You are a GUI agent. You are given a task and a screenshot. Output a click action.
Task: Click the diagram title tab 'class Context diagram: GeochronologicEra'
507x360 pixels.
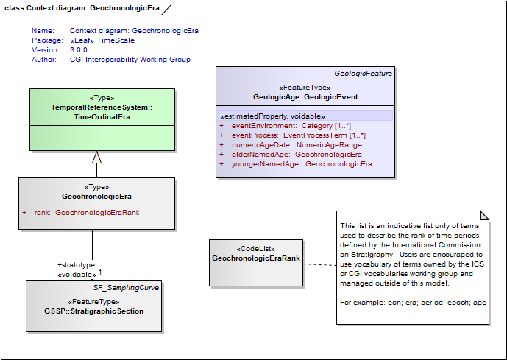(x=82, y=7)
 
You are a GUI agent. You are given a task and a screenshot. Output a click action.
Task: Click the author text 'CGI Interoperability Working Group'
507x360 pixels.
(x=130, y=60)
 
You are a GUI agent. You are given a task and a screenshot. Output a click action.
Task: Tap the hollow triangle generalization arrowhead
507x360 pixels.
(x=96, y=156)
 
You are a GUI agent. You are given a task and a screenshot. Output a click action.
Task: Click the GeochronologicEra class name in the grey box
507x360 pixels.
(x=96, y=197)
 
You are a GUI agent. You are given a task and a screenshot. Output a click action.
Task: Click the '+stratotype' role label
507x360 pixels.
(x=76, y=264)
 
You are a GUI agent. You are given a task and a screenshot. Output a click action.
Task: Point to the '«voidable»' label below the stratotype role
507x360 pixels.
(x=76, y=274)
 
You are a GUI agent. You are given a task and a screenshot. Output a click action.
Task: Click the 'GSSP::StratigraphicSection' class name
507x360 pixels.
(x=93, y=311)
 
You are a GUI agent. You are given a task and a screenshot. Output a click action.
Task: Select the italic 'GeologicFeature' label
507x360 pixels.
(x=363, y=74)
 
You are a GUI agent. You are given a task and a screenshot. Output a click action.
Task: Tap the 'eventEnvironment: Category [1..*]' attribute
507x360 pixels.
(x=292, y=126)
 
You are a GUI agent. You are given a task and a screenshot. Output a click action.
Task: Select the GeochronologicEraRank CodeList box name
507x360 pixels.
(x=255, y=258)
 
